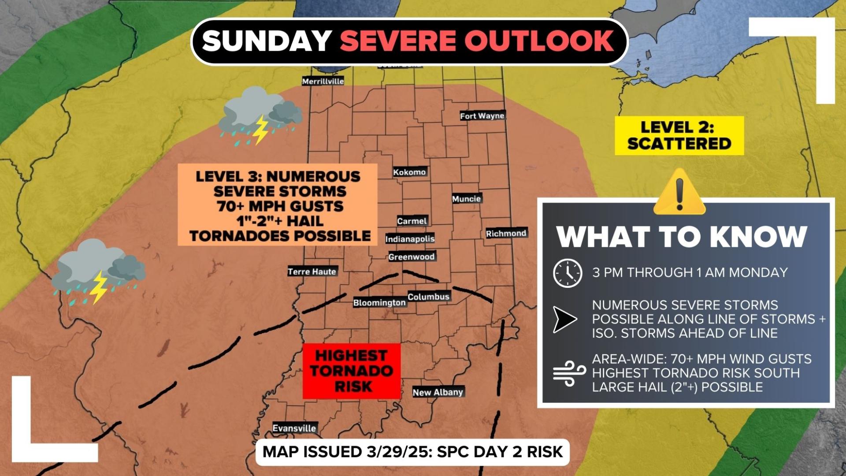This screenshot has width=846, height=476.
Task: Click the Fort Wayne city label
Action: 482,116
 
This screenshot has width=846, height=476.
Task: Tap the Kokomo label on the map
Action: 409,172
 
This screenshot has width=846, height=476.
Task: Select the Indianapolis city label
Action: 410,239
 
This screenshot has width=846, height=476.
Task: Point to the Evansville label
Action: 294,428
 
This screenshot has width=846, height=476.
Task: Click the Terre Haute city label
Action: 312,271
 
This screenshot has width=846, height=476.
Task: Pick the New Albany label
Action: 438,392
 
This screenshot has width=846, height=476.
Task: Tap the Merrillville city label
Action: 323,81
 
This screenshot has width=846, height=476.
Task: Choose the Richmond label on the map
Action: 506,233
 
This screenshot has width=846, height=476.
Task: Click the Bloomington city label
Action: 379,302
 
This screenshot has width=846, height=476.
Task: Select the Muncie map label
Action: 466,199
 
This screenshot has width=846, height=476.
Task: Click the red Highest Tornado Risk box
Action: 351,371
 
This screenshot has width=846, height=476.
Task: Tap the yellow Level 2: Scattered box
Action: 679,135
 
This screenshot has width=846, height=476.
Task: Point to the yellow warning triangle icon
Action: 679,193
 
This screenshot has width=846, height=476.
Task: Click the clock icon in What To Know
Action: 568,273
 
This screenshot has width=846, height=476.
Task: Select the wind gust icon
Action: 569,373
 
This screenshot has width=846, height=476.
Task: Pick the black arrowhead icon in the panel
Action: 564,319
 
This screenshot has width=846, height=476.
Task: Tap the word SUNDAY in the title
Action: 267,41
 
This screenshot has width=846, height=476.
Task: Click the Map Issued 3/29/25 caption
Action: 412,452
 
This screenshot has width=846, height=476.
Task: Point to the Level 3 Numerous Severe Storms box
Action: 278,205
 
